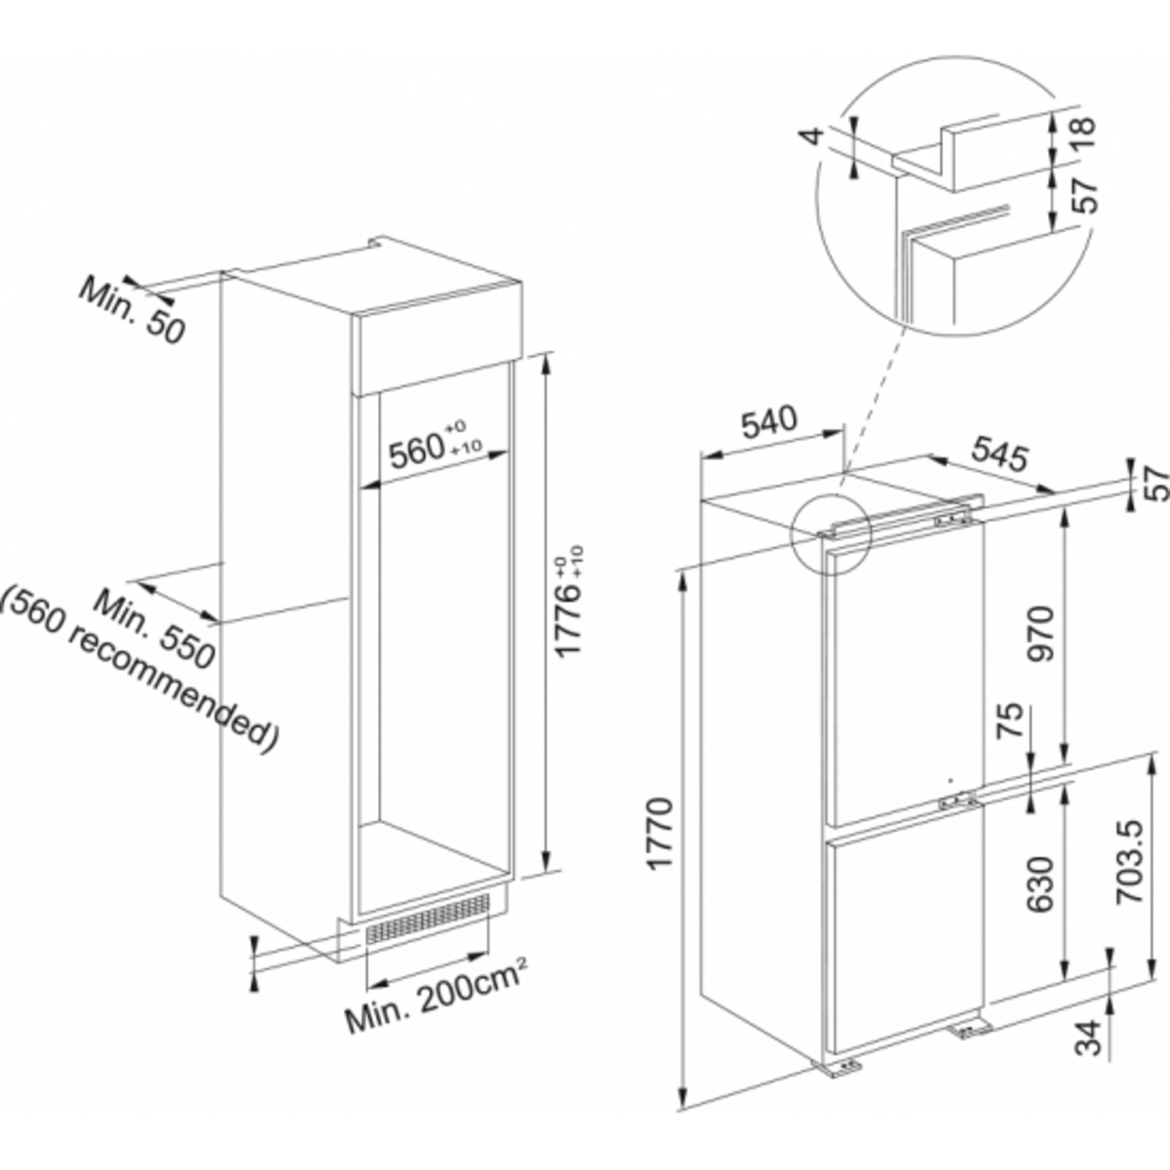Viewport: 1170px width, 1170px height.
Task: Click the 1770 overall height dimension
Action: coord(660,834)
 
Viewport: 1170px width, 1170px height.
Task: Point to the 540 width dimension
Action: coord(769,423)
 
